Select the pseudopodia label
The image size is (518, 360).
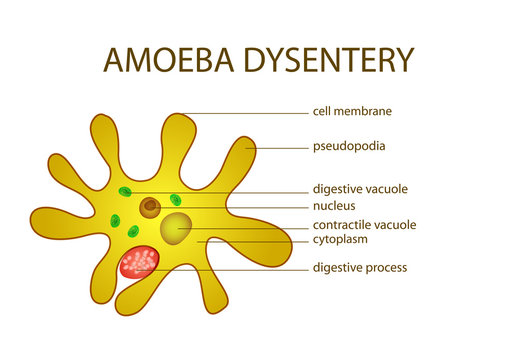350,146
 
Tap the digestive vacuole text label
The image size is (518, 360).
360,189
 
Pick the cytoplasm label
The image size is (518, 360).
341,240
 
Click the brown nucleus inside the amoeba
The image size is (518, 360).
150,207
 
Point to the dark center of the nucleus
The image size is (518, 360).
150,208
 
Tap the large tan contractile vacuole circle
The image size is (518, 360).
177,228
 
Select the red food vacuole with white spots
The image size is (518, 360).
140,264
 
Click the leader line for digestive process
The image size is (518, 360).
230,268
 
